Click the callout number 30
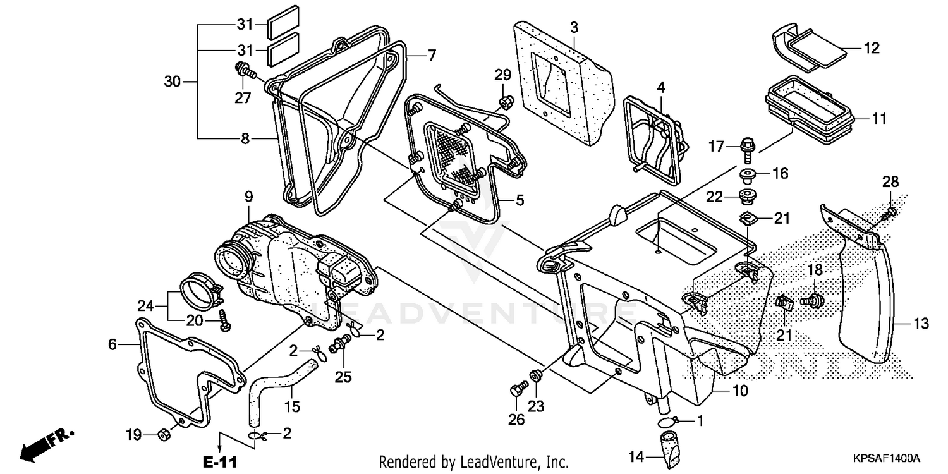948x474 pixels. click(172, 82)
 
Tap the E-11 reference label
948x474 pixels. click(219, 463)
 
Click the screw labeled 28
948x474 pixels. click(889, 211)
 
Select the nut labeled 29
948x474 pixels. click(505, 101)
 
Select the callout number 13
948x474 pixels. click(921, 324)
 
